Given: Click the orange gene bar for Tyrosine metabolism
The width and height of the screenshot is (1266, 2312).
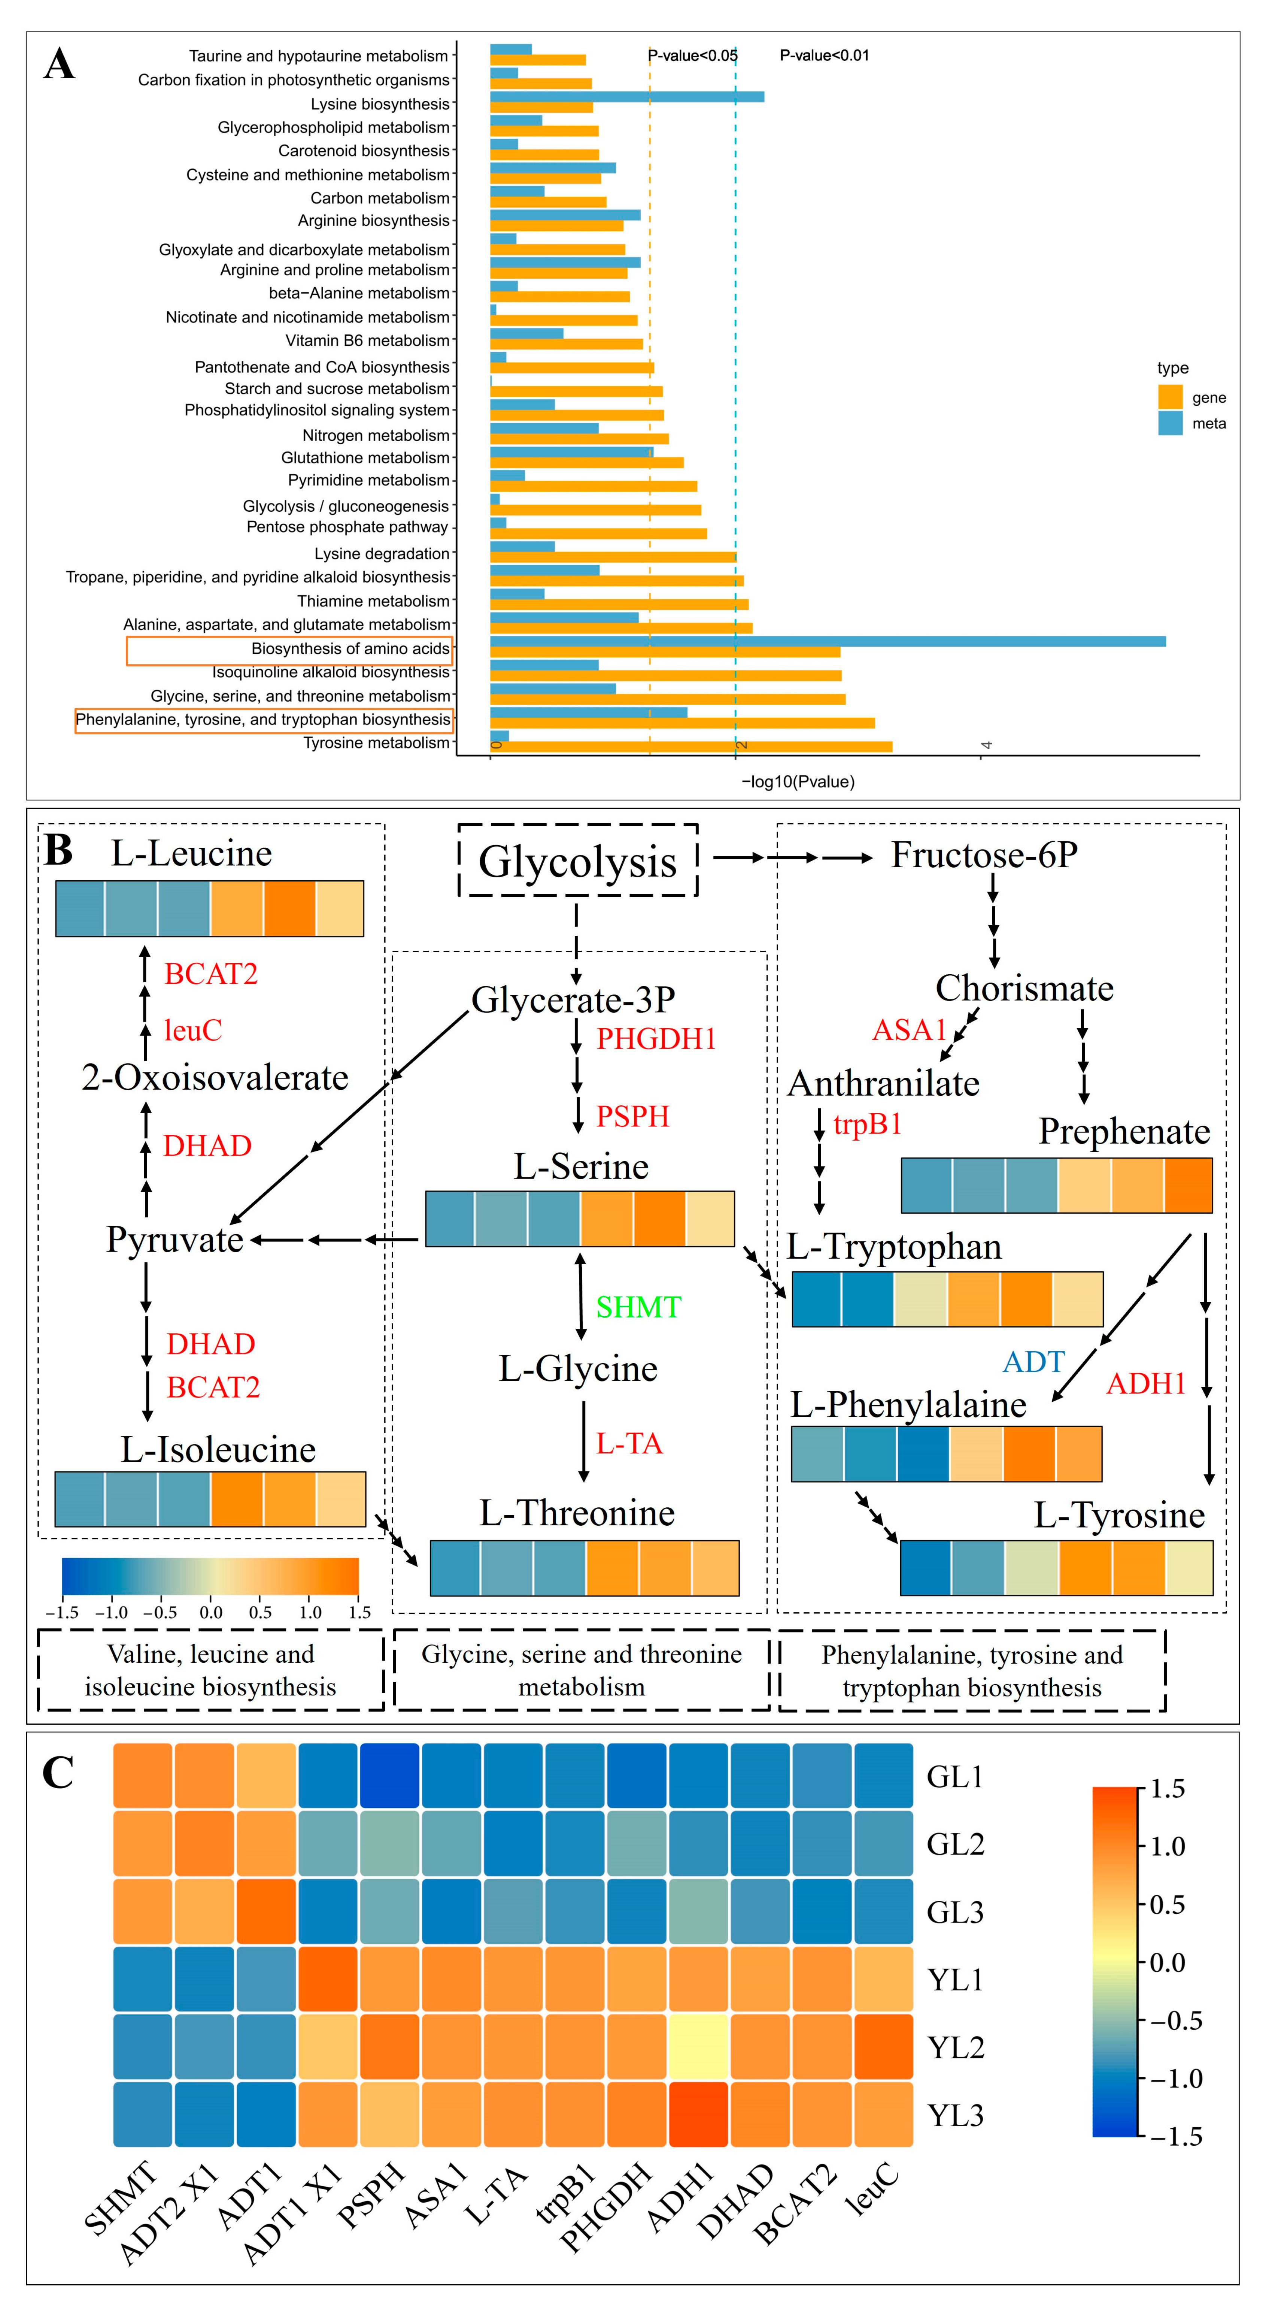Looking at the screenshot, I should coord(691,747).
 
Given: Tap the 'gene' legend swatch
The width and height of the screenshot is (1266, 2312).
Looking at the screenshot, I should coord(1170,397).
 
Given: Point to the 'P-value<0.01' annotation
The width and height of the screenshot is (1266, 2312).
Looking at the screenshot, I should coord(824,56).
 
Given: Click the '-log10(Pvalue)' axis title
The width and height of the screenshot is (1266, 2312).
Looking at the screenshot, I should coord(798,782).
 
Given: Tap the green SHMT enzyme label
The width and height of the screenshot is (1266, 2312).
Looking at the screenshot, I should coord(638,1307).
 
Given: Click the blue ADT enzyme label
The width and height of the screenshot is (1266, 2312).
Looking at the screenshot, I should coord(1033,1362).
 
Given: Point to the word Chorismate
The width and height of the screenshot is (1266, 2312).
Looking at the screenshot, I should coord(1024,988).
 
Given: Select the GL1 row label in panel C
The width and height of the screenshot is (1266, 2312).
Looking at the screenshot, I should coord(955,1777).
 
